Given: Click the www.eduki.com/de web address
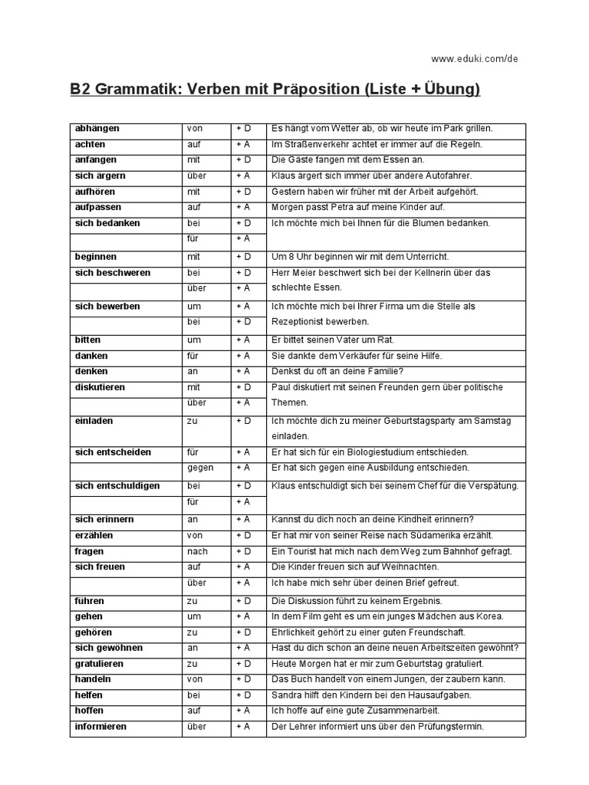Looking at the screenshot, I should pos(475,58).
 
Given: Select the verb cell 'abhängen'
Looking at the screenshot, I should pos(97,128).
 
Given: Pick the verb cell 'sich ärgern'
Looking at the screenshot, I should pos(100,176).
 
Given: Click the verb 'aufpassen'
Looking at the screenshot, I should pos(98,207).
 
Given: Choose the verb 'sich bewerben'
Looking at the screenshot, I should pos(107,306).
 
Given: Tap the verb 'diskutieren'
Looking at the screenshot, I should pos(100,387).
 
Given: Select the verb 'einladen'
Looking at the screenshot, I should pos(94,420).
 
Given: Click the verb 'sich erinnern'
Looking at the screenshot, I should pos(104,519).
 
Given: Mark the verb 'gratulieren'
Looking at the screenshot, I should pos(100,663).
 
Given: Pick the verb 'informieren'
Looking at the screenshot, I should pos(100,726).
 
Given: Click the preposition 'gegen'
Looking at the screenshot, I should pos(200,468).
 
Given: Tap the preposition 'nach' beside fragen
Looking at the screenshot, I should pos(197,551).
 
